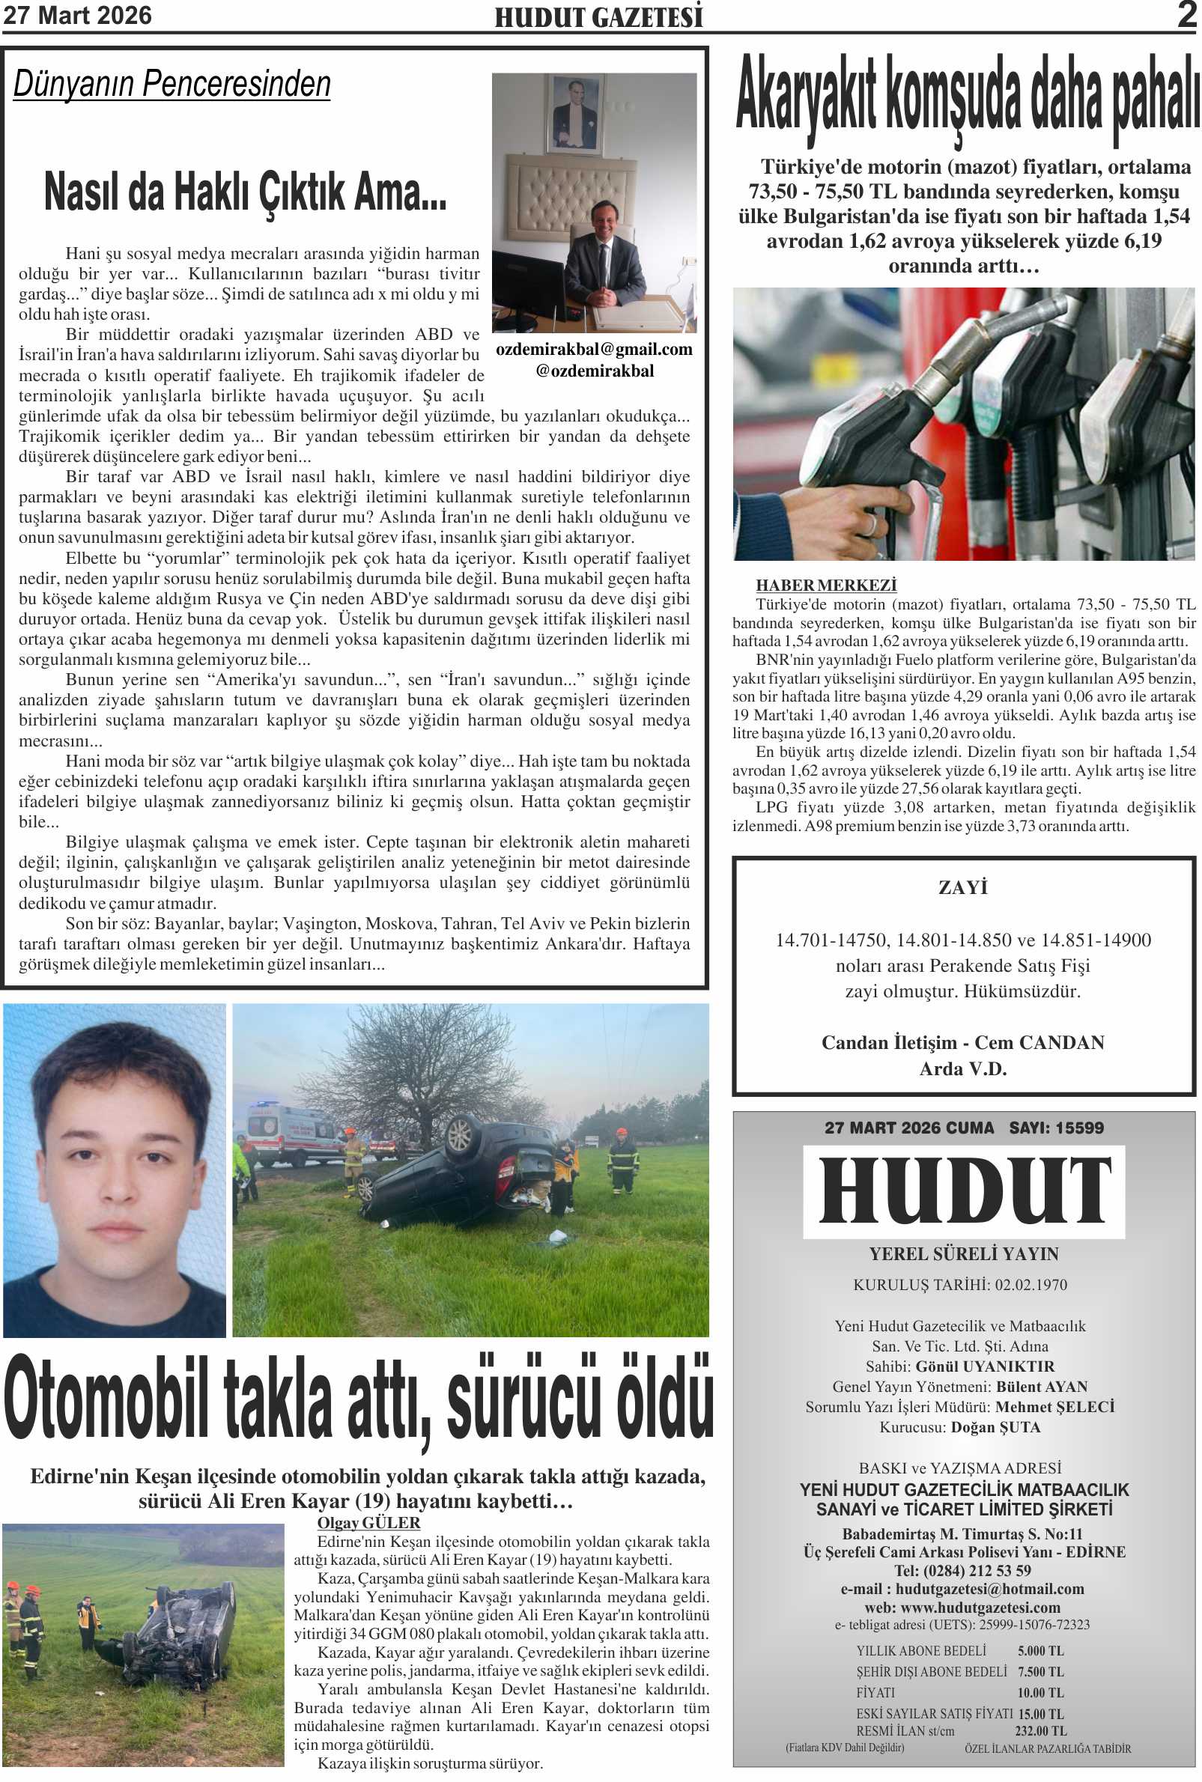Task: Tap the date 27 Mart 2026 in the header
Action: pyautogui.click(x=77, y=15)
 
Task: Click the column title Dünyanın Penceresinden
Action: pyautogui.click(x=172, y=84)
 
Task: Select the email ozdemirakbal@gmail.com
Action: pyautogui.click(x=594, y=350)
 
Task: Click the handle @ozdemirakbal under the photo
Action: pyautogui.click(x=595, y=371)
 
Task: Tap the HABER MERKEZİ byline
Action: pyautogui.click(x=825, y=585)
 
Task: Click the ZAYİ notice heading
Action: pyautogui.click(x=963, y=887)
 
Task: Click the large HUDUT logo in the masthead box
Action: pyautogui.click(x=964, y=1192)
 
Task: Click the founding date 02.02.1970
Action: pyautogui.click(x=1030, y=1285)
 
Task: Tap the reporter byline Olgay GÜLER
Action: pyautogui.click(x=368, y=1523)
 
